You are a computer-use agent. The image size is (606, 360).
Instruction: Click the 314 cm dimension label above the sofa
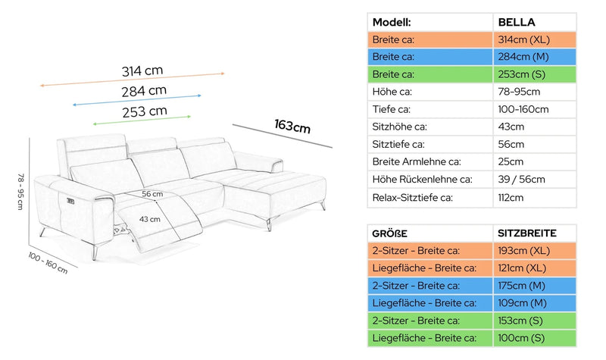(x=142, y=70)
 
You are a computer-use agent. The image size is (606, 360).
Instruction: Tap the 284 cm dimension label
(x=144, y=91)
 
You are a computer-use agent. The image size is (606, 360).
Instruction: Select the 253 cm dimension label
(x=145, y=111)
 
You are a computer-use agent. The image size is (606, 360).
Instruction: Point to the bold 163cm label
(x=292, y=126)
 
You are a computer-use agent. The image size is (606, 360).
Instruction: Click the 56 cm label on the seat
(x=152, y=194)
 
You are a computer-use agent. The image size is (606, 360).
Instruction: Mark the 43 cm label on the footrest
(x=149, y=219)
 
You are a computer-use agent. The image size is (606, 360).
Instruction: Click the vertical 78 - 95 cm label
(x=20, y=192)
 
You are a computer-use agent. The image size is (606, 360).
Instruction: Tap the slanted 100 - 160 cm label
(x=48, y=263)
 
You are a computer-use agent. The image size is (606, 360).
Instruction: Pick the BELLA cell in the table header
(x=517, y=23)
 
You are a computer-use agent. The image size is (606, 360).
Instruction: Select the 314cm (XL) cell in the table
(x=523, y=40)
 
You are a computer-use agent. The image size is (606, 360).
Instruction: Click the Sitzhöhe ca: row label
(x=400, y=127)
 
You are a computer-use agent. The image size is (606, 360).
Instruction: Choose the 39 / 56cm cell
(x=521, y=180)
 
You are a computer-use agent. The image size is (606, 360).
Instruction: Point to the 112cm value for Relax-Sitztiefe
(x=511, y=198)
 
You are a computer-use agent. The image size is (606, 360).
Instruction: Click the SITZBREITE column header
(x=527, y=233)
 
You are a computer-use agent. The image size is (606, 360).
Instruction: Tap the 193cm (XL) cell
(x=523, y=251)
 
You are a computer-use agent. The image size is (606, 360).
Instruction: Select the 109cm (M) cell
(x=522, y=303)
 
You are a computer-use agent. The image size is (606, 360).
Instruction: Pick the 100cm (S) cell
(x=521, y=338)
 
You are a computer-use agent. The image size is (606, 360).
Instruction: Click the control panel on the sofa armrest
(x=70, y=201)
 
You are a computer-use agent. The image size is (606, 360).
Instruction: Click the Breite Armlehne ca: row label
(x=417, y=161)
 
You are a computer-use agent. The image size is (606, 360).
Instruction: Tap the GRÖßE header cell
(x=389, y=233)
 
